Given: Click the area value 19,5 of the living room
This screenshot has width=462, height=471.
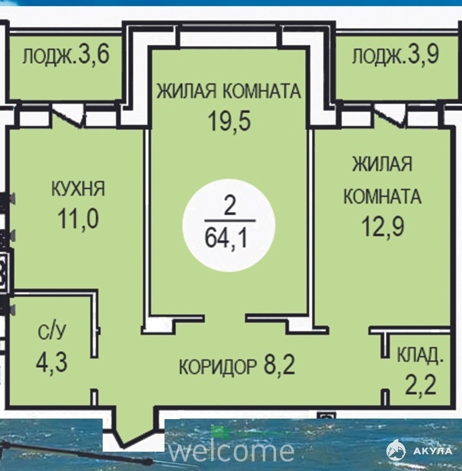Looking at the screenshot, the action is coord(230,121).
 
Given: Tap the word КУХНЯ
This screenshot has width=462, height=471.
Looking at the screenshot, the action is coord(78,189).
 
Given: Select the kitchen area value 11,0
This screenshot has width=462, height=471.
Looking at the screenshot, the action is coord(78,219).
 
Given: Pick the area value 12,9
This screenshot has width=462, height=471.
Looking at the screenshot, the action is coord(383,226).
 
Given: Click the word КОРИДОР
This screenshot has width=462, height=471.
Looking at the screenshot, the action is coord(218,367).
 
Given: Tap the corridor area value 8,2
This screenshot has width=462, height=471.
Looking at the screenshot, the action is coord(279,364).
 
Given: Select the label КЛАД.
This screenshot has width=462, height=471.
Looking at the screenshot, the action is coord(420,356).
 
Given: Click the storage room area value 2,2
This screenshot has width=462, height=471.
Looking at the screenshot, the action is coord(420,385).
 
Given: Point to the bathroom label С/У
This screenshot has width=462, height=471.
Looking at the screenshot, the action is coord(52,332).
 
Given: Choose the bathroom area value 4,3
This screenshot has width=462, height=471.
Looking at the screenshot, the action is coord(52,362).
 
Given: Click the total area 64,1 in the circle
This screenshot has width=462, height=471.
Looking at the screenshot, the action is coord(226,238).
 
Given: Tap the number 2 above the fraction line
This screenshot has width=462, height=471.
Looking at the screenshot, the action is coord(230,207).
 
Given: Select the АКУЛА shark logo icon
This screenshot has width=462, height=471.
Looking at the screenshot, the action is coord(396,450).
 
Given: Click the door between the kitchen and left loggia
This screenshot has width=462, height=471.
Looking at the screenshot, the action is coord(68,117).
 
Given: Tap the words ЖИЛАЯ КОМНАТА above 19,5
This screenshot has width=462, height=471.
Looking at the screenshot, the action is coord(229,91).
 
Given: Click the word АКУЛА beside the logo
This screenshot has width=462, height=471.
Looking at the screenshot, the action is coord(433,451).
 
